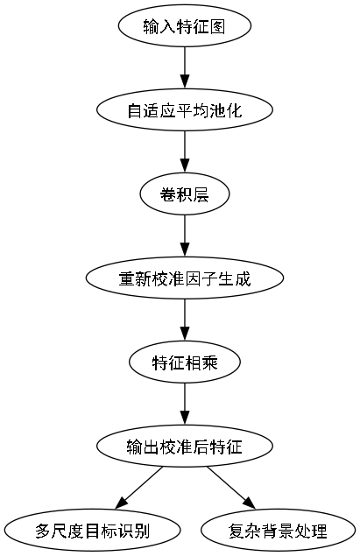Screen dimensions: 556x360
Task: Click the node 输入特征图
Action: point(184,26)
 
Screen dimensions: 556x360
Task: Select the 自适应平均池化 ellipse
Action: point(184,110)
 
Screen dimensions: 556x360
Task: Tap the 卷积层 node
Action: point(184,194)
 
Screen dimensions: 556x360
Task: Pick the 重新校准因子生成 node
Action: point(184,278)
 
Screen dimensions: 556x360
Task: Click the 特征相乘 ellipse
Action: point(184,362)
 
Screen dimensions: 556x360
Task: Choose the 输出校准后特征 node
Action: point(184,447)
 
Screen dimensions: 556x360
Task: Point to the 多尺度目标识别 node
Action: point(92,531)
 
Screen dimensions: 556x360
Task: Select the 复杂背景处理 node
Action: point(277,531)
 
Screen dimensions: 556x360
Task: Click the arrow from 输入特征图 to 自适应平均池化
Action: point(184,68)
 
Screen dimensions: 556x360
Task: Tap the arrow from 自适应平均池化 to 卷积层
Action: point(184,152)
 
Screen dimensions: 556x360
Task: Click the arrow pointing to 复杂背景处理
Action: point(230,489)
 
